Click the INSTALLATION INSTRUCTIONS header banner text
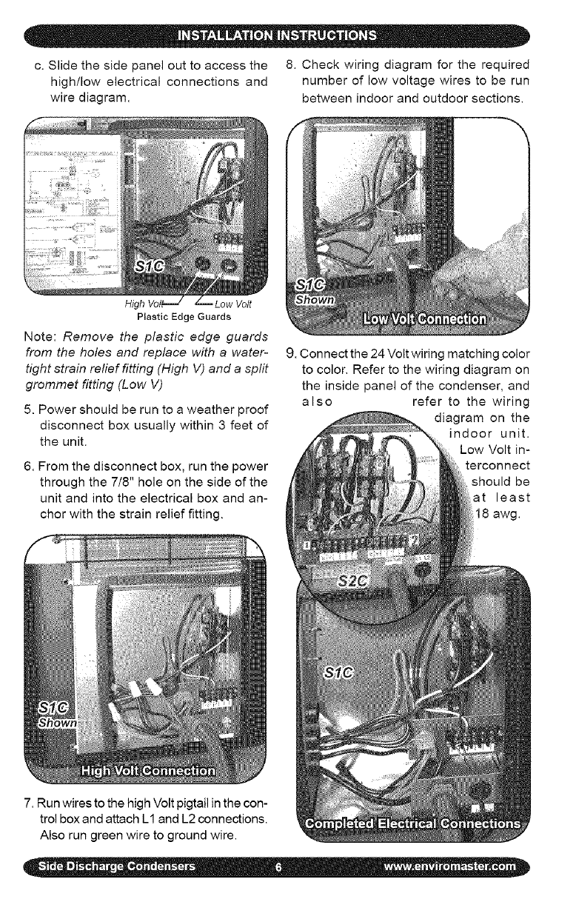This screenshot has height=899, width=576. coord(287,35)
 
